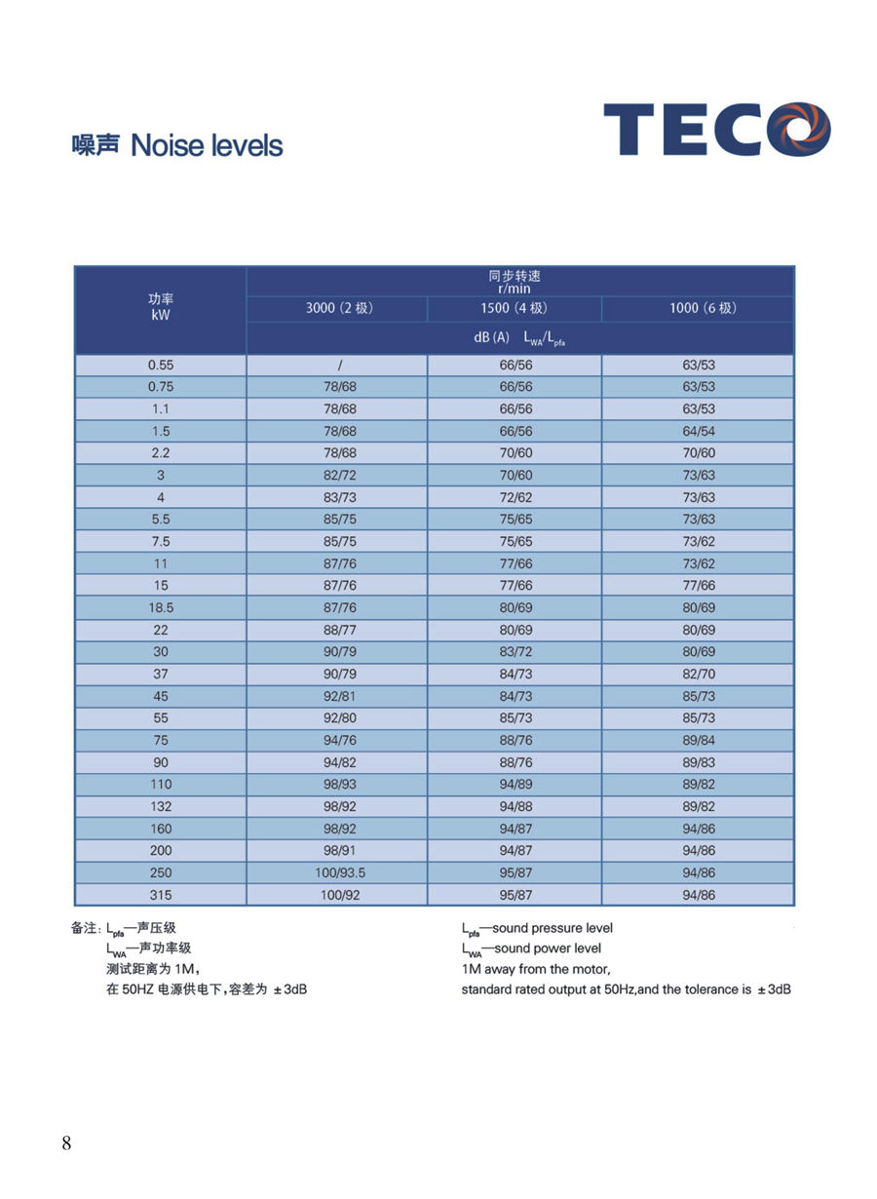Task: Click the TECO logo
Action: pos(716,130)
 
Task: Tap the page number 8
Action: pos(66,1143)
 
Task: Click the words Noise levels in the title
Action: pos(207,146)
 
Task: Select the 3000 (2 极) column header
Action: pos(336,308)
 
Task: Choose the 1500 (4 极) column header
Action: pos(514,308)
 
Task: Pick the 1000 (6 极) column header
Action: pos(698,308)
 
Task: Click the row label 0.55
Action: pos(161,365)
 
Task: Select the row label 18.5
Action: pos(161,607)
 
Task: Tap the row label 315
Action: pos(161,895)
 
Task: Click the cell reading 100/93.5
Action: pos(337,872)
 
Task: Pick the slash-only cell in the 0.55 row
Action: pos(337,365)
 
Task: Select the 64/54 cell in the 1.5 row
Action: pos(699,431)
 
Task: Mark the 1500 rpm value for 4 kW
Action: pos(515,497)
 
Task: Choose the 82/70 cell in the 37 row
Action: pos(699,674)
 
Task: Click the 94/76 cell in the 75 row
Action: pos(337,740)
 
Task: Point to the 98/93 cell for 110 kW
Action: pos(337,784)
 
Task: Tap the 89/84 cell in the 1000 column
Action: pos(699,740)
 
